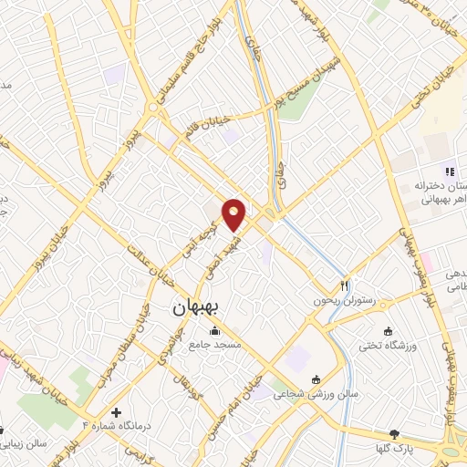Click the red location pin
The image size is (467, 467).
(x=234, y=214)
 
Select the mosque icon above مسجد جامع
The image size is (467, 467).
(x=214, y=330)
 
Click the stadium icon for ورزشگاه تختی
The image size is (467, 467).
(x=390, y=330)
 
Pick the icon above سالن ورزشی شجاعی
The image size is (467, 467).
(x=316, y=379)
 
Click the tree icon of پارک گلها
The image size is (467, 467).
(x=394, y=434)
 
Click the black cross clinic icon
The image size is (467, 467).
(x=116, y=412)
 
